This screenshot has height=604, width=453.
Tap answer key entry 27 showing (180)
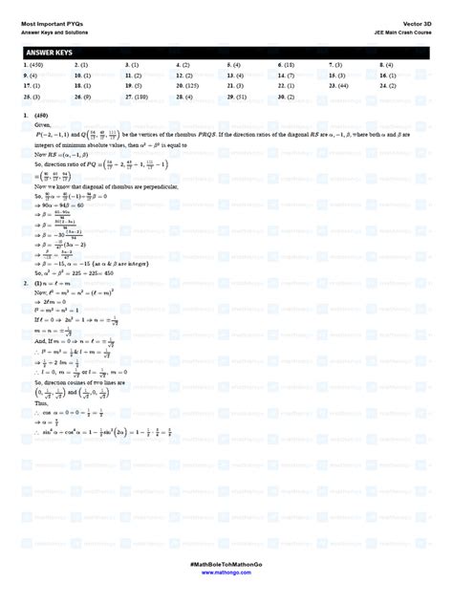[138, 97]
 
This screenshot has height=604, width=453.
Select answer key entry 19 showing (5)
[138, 84]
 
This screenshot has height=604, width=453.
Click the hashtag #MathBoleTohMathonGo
[226, 578]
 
